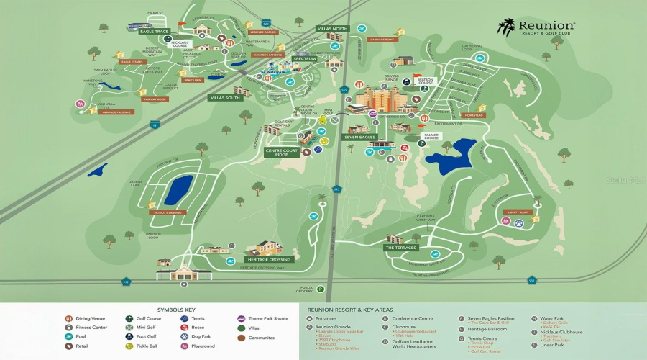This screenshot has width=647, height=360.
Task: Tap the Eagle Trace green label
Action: (155, 32)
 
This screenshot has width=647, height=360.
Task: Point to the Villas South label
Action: (226, 97)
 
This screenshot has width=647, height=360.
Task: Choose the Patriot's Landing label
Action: (168, 212)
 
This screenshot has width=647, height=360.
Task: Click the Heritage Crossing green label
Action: (267, 259)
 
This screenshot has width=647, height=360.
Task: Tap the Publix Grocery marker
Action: (321, 289)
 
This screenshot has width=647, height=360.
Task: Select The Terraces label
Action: (400, 248)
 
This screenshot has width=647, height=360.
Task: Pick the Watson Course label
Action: (425, 81)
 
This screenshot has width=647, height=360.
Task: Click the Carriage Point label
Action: (380, 40)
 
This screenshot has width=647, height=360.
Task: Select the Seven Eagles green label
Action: (359, 137)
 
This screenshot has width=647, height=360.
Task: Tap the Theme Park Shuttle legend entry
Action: (265, 318)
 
